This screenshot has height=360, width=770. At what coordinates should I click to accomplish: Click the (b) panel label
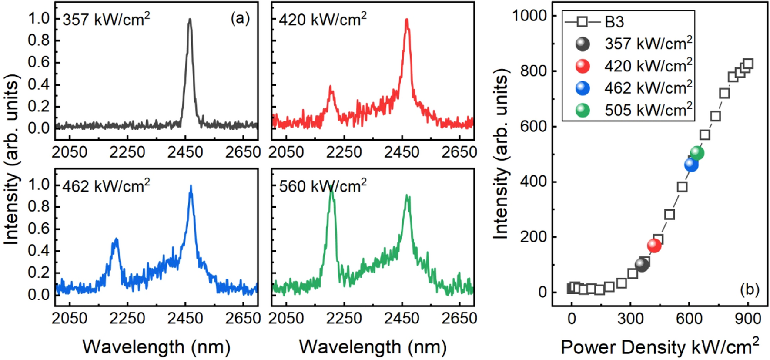(750, 289)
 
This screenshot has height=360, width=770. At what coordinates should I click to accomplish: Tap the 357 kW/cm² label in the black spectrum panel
(106, 19)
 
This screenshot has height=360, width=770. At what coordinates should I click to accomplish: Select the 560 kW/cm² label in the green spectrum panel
(322, 186)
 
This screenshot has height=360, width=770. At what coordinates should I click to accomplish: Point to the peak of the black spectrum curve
(190, 20)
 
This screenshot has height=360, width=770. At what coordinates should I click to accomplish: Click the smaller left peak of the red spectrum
(331, 87)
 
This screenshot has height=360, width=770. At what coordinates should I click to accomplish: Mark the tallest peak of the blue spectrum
(191, 187)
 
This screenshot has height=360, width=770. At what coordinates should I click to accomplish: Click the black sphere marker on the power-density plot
(642, 264)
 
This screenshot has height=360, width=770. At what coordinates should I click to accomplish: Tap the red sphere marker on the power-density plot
(654, 246)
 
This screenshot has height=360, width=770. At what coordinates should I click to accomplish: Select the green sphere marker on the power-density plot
(697, 153)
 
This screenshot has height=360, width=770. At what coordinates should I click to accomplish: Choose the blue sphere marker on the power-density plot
(691, 165)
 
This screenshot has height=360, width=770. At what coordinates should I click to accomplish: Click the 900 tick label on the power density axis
(748, 319)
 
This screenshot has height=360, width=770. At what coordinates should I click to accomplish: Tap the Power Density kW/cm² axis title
(659, 347)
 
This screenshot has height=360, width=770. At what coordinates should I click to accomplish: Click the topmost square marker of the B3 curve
(748, 64)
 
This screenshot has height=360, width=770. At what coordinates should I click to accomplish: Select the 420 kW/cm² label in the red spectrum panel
(322, 19)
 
